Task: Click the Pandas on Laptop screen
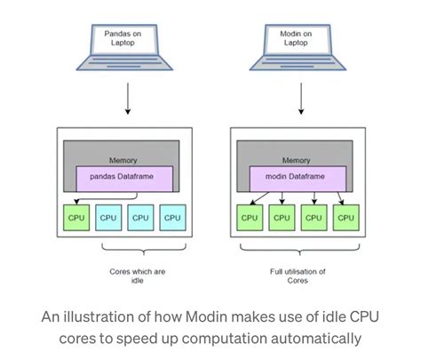pyautogui.click(x=127, y=38)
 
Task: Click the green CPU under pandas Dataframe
pyautogui.click(x=75, y=218)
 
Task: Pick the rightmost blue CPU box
pyautogui.click(x=172, y=218)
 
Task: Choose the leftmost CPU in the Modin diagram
pyautogui.click(x=250, y=218)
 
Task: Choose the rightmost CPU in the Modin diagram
pyautogui.click(x=346, y=218)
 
